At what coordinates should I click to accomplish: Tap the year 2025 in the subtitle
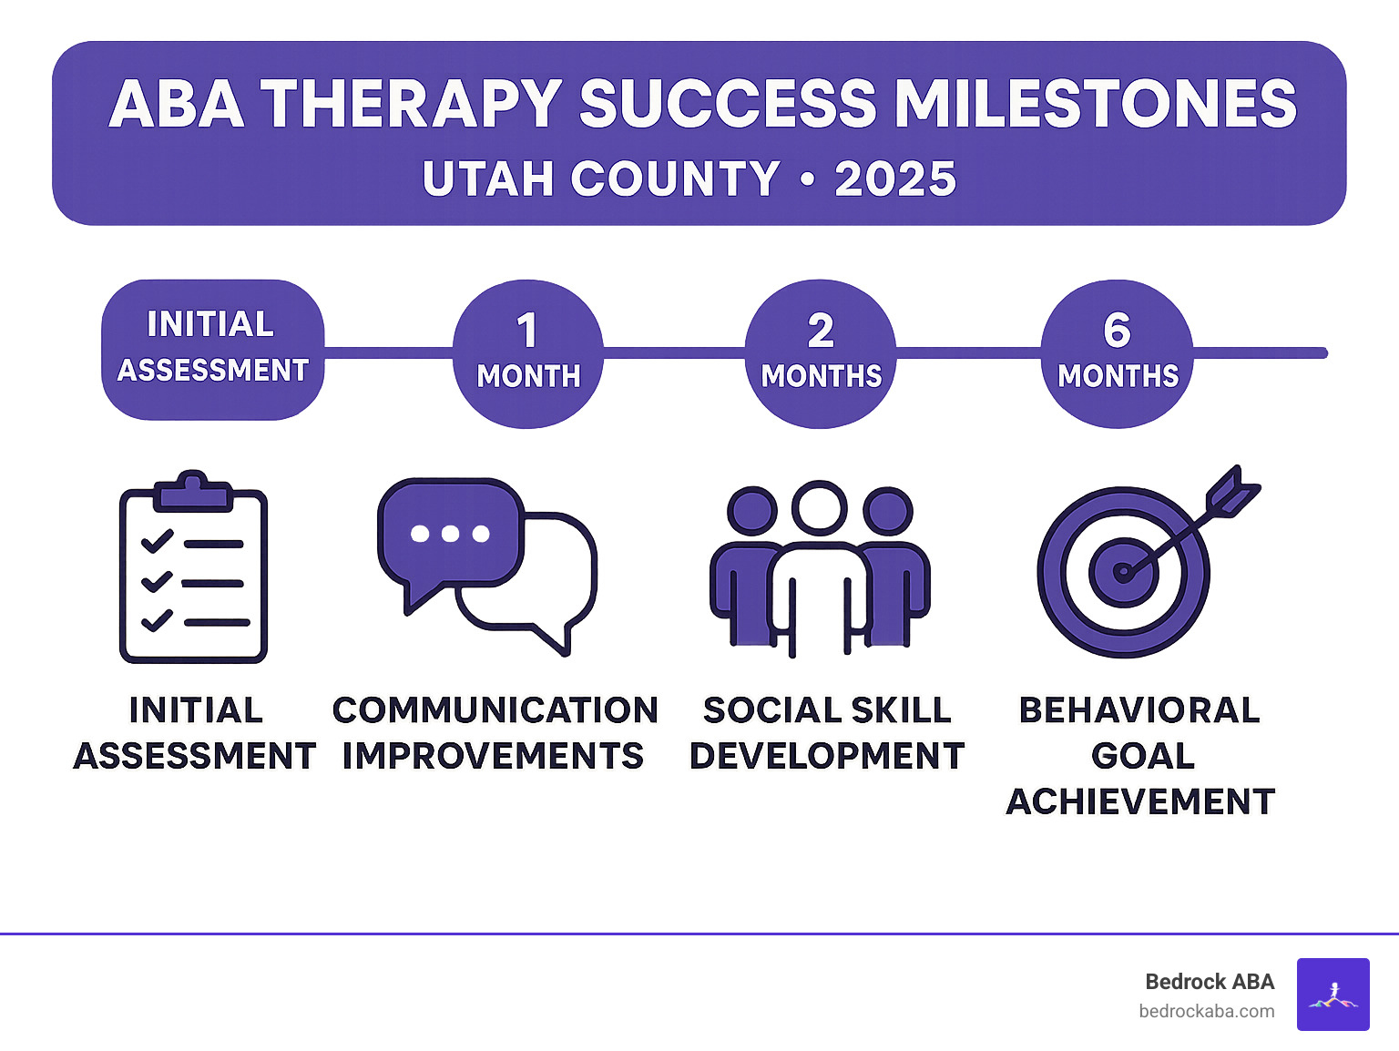tap(895, 179)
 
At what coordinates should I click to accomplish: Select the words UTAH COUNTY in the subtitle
tap(601, 179)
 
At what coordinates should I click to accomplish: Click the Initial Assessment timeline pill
tap(212, 350)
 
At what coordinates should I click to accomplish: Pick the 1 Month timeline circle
tap(528, 353)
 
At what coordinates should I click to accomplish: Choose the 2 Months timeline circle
tap(821, 353)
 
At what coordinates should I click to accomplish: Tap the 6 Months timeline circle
tap(1117, 353)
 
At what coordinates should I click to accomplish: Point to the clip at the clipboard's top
tap(192, 490)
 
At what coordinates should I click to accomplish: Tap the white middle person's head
tap(819, 508)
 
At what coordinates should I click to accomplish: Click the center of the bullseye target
tap(1123, 572)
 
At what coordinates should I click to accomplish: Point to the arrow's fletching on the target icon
tap(1232, 492)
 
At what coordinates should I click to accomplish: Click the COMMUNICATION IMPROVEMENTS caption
tap(495, 733)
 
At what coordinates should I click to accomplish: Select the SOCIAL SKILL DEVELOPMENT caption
tap(827, 733)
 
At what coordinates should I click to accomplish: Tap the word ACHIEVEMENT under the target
tap(1140, 801)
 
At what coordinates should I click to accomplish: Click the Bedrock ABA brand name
tap(1209, 982)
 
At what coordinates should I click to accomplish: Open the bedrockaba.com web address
tap(1206, 1011)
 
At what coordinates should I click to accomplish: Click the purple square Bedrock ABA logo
tap(1333, 994)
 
